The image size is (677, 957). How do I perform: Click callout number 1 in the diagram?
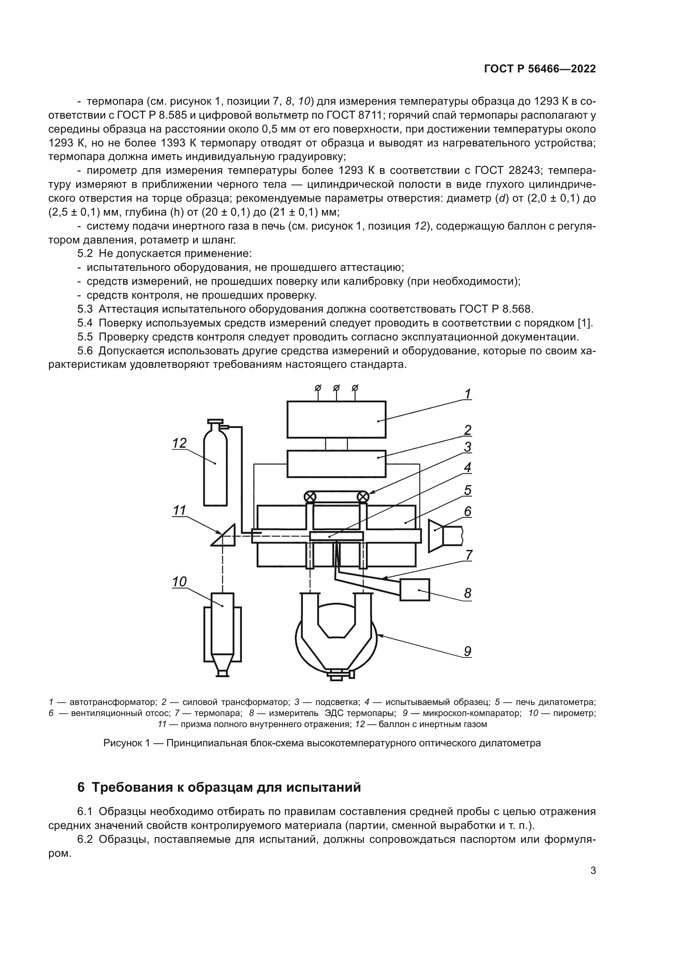(468, 394)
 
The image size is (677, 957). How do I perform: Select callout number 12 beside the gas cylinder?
(180, 443)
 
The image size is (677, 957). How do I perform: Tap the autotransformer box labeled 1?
(336, 419)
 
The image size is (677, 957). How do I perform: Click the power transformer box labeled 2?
(336, 464)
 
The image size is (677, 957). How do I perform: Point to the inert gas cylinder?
(216, 467)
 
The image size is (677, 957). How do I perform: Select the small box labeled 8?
(414, 590)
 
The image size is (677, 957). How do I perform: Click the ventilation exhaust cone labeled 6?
(436, 536)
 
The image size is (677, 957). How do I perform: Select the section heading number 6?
(81, 788)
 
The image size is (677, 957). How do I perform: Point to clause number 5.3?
(85, 309)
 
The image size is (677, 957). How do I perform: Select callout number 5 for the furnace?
(468, 490)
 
